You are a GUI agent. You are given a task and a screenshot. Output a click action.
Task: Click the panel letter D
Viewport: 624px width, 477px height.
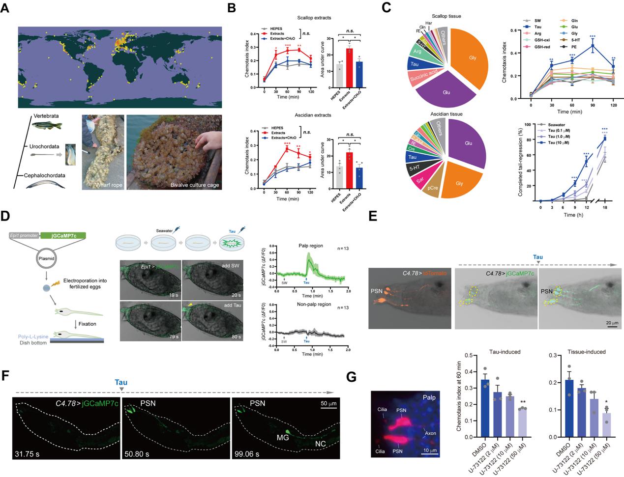pyautogui.click(x=7, y=216)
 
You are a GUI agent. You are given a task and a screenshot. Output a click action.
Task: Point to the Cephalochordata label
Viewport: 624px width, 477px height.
pyautogui.click(x=47, y=174)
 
